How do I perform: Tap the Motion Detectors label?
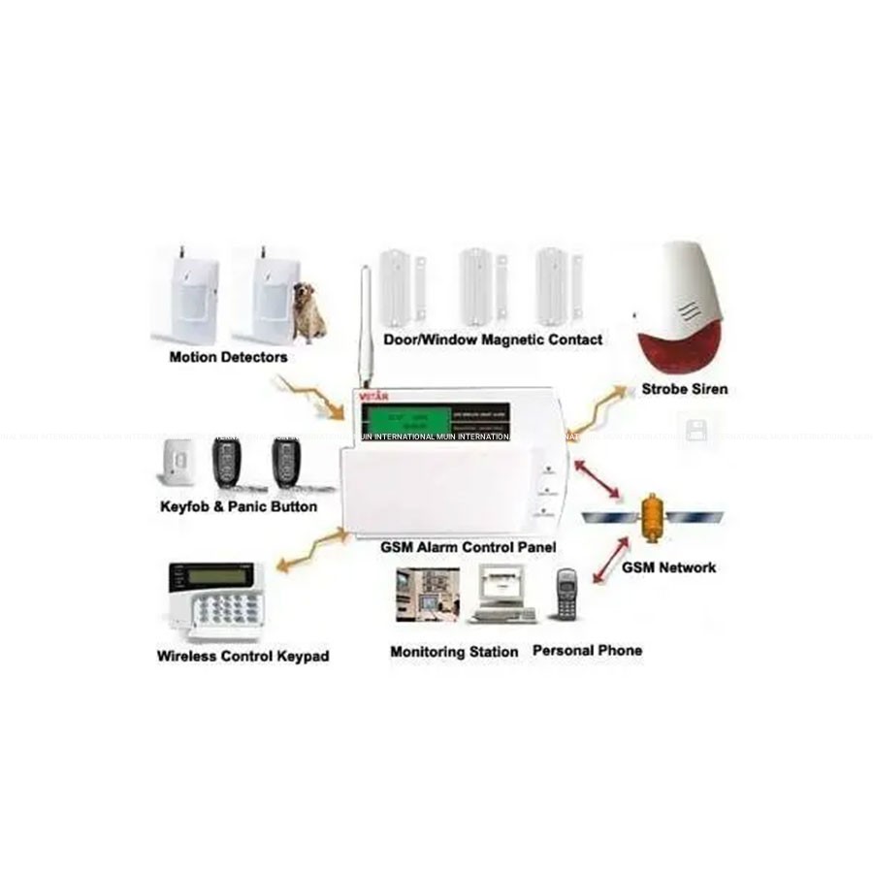click(x=229, y=357)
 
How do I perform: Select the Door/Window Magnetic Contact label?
click(x=493, y=339)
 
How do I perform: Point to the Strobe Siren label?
click(x=685, y=390)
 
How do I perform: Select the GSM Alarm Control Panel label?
click(x=469, y=548)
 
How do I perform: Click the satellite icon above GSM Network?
click(x=652, y=515)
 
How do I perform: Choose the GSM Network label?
click(x=669, y=567)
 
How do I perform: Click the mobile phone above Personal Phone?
click(x=566, y=596)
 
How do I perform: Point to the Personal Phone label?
click(x=587, y=651)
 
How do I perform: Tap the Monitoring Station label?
click(x=454, y=652)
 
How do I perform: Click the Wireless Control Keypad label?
click(x=243, y=657)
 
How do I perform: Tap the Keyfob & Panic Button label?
click(x=239, y=507)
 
